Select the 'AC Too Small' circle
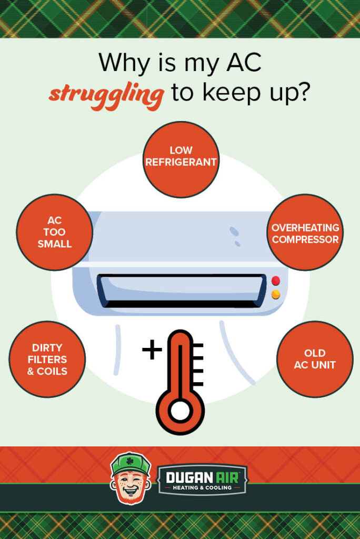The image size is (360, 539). [x=54, y=232]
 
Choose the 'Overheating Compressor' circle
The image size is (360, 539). [x=305, y=232]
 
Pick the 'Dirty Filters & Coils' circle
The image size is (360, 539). [x=47, y=359]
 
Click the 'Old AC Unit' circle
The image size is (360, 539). [x=315, y=359]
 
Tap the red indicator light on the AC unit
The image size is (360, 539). [x=276, y=281]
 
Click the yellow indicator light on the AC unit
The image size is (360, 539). [x=276, y=294]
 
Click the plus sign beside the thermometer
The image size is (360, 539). [x=152, y=350]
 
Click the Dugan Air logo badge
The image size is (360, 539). [x=203, y=480]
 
